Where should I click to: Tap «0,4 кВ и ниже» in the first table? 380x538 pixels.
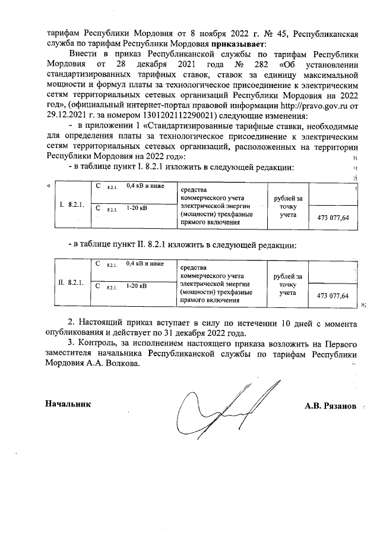(x=145, y=187)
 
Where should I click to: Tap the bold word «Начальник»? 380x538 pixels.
(x=68, y=404)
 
